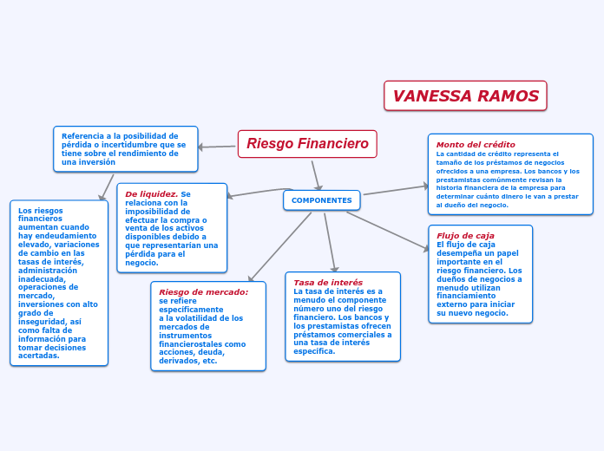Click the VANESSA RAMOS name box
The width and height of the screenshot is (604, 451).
tap(465, 95)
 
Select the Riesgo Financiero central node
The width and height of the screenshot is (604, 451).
tap(307, 144)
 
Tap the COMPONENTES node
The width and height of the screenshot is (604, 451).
tap(322, 200)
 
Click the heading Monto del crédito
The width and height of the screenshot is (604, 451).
tap(476, 145)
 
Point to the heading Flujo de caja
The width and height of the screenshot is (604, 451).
tap(465, 236)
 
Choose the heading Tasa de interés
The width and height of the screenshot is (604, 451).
tap(328, 282)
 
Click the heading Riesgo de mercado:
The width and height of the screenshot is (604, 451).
tap(204, 292)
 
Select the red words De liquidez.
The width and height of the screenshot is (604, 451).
tap(151, 194)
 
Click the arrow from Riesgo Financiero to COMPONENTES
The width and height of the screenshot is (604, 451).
tap(316, 175)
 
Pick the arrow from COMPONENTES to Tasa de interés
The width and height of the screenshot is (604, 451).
tap(330, 243)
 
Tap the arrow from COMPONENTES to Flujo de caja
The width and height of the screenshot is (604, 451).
tap(388, 232)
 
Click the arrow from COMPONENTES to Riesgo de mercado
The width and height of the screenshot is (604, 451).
tap(279, 247)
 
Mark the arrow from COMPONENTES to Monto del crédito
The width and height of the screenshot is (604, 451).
tap(396, 190)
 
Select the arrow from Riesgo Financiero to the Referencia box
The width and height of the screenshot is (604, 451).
tap(216, 147)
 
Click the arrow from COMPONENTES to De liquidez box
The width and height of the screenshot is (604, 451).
tap(260, 193)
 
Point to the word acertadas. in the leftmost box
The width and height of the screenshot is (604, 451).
tap(39, 356)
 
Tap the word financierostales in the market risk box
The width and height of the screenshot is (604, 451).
tap(189, 344)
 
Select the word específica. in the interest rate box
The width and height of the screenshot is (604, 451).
tap(314, 351)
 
